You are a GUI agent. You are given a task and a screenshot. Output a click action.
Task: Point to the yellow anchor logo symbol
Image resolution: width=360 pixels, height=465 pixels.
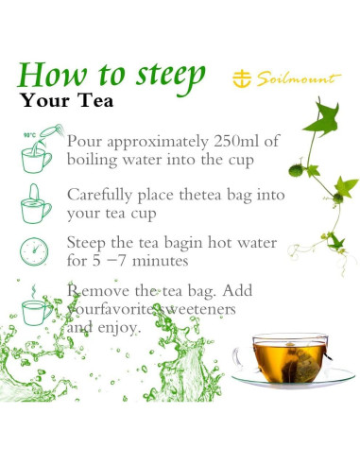point(244,78)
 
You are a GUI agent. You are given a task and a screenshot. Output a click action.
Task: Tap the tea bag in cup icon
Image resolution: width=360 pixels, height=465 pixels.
point(36,200)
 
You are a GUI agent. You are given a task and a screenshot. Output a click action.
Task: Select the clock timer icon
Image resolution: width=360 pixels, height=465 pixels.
point(35,251)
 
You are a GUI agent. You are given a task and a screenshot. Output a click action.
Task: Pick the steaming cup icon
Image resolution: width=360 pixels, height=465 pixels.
point(36,305)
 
